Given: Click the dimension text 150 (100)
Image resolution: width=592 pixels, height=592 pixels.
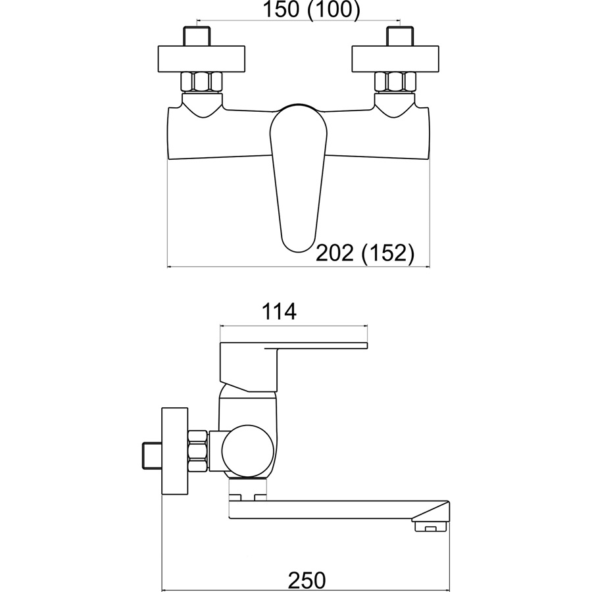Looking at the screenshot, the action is (x=311, y=9).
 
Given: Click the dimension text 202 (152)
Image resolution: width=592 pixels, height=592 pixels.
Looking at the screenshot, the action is (x=364, y=253).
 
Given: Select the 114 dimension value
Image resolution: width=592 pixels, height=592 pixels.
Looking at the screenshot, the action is (x=279, y=312).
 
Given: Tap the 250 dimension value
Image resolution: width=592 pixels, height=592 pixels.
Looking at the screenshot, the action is (x=307, y=580).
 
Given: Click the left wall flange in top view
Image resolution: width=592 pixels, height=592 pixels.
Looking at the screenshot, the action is (x=201, y=59).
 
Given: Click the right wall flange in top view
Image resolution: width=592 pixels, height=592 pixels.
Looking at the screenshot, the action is (x=395, y=59).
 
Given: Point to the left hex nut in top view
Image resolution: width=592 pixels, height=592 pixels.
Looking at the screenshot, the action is (x=202, y=82).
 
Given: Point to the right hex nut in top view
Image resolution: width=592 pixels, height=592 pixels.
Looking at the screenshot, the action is (x=395, y=82).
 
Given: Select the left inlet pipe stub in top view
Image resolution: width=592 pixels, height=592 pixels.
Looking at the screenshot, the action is (x=197, y=36).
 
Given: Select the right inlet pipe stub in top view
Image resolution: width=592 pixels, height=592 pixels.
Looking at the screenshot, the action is (x=400, y=36).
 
